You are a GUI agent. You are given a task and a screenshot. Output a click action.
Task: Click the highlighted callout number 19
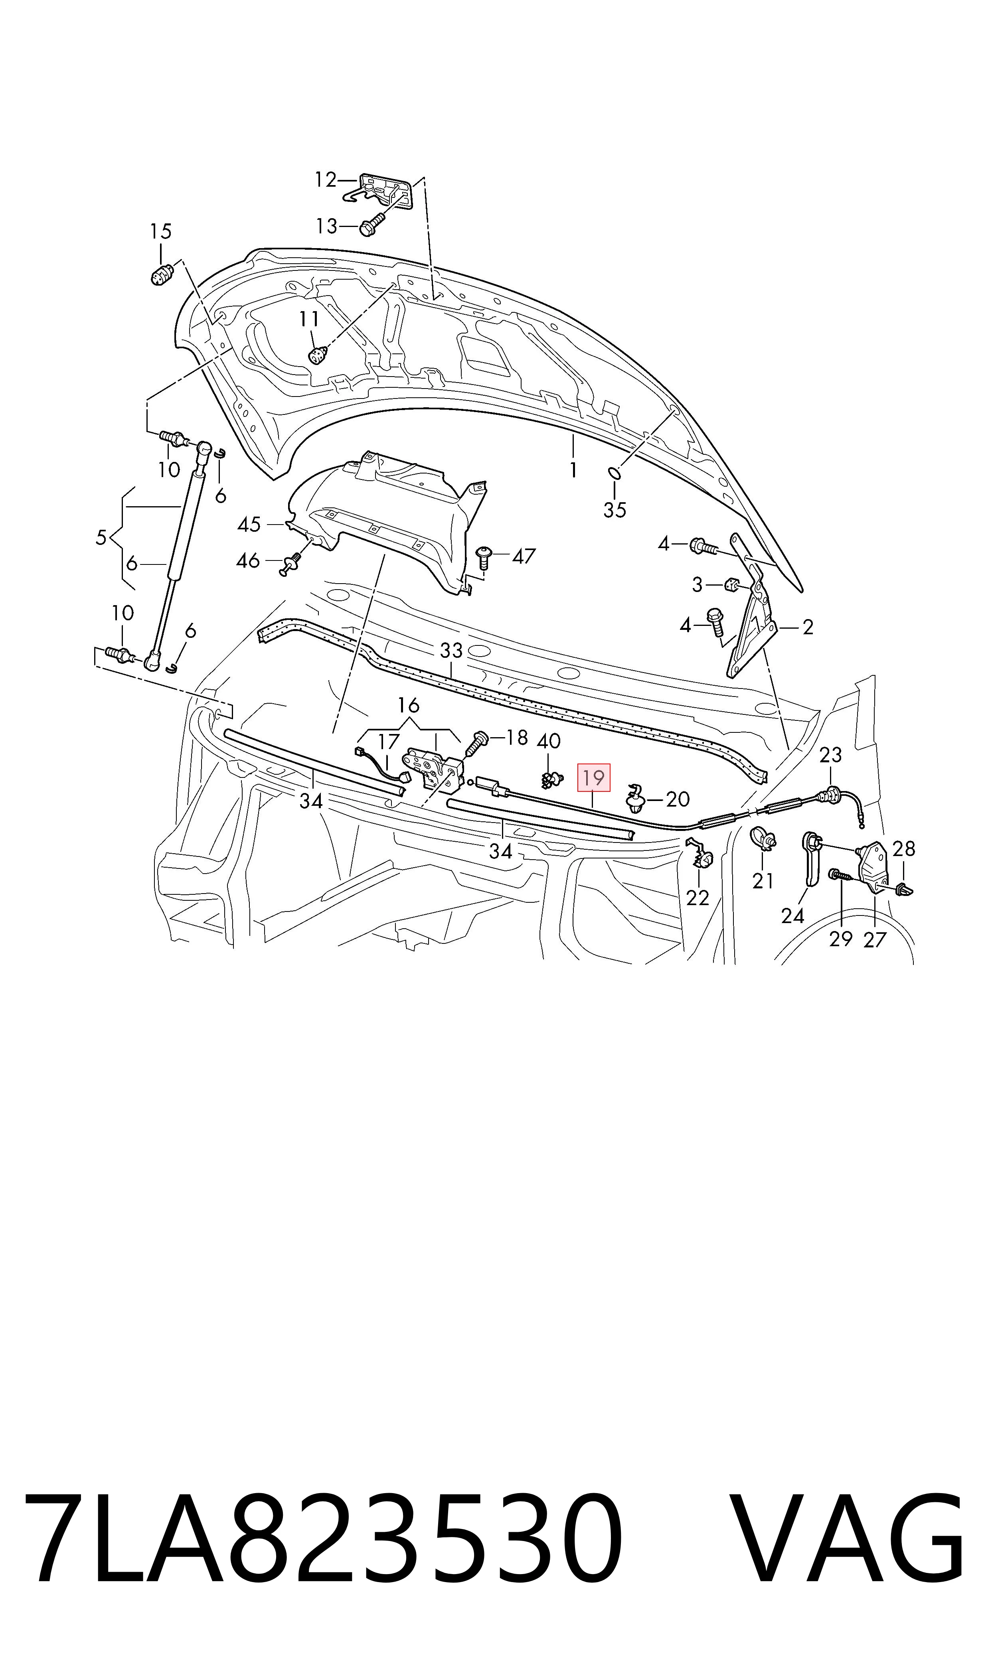(593, 777)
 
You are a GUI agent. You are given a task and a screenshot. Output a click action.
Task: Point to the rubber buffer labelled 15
(161, 274)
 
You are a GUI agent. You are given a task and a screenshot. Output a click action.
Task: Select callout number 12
(326, 180)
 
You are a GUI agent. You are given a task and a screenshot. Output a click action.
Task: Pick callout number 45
(249, 525)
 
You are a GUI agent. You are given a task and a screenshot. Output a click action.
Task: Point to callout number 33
(451, 649)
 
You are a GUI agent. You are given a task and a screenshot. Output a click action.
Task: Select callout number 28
(904, 849)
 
